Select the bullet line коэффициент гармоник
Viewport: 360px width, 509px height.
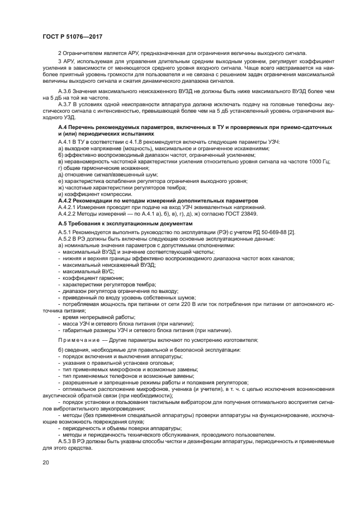tap(89, 278)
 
